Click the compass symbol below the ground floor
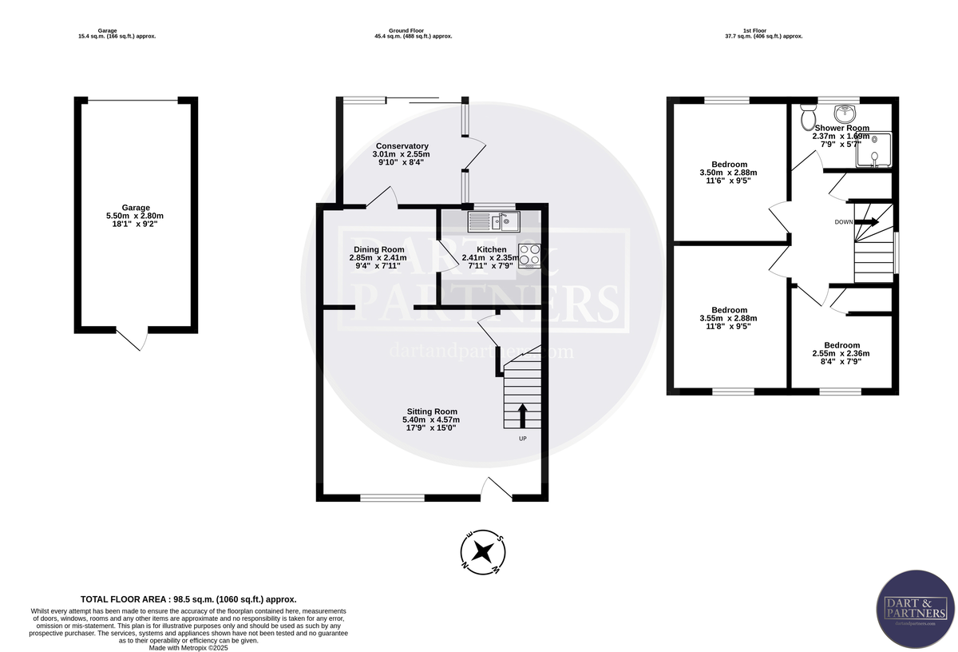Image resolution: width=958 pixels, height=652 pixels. (x=482, y=552)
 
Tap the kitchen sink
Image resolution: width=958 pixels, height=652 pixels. (x=492, y=220)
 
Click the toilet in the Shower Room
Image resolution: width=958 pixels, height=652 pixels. (x=806, y=120)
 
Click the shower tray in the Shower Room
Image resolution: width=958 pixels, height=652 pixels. (x=874, y=150)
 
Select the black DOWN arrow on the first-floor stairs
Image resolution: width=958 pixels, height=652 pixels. (x=867, y=221)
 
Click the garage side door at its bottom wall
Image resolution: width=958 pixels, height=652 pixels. (x=132, y=339)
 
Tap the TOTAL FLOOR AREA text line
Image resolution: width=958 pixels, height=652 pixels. (x=188, y=599)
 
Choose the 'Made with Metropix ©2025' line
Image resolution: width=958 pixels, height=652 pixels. (x=188, y=647)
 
